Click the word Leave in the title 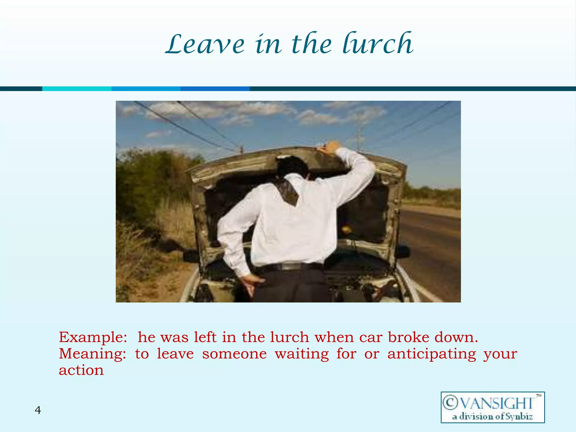[205, 44]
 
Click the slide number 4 [38, 410]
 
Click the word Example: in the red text [93, 337]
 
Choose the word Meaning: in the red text [93, 354]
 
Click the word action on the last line [81, 370]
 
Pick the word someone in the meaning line [234, 354]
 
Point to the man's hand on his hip [251, 283]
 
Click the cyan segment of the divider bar [77, 89]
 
